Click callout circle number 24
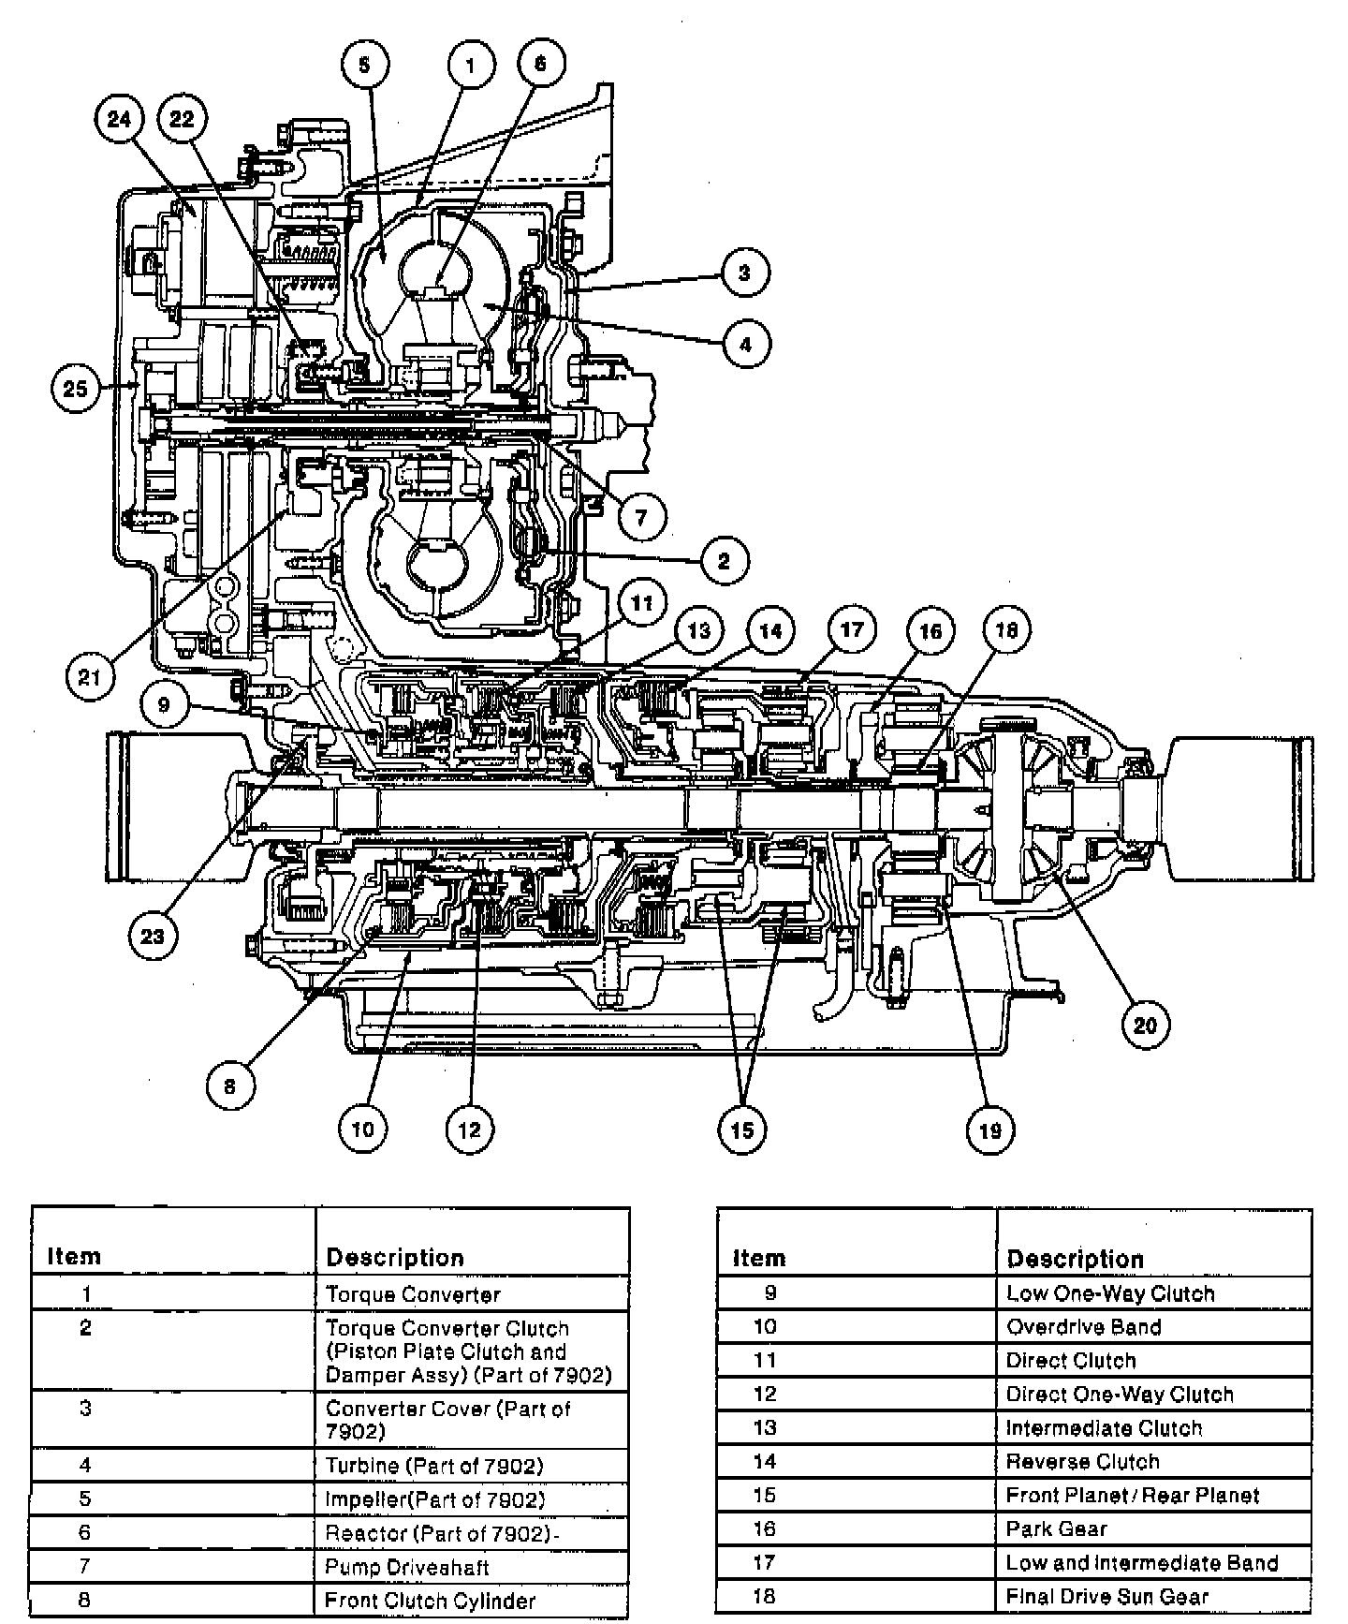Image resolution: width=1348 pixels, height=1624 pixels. (x=120, y=119)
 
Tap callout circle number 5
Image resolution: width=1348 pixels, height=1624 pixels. (x=365, y=65)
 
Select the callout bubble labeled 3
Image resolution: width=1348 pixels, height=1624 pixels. (x=744, y=273)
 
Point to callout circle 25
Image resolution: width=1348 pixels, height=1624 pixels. (x=76, y=387)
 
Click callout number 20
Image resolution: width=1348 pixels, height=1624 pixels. (x=1146, y=1025)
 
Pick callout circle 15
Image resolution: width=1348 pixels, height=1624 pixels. (x=741, y=1129)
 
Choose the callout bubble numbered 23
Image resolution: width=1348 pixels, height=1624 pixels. (x=153, y=935)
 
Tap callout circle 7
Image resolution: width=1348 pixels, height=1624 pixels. (x=641, y=516)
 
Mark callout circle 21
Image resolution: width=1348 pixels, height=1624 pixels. (x=90, y=676)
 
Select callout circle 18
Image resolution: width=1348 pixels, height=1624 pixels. (x=1006, y=630)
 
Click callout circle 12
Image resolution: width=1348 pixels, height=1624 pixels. (x=469, y=1129)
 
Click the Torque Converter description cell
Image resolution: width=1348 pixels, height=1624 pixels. (x=413, y=1294)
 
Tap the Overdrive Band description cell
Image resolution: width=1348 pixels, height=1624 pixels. (x=1083, y=1327)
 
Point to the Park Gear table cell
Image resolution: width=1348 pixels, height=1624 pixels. (x=1056, y=1529)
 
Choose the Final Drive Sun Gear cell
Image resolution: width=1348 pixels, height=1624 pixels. (x=1107, y=1597)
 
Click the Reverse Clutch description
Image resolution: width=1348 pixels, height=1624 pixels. (x=1082, y=1462)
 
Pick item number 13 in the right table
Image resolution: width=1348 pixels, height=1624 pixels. (x=765, y=1428)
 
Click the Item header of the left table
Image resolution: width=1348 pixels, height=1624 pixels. (x=73, y=1256)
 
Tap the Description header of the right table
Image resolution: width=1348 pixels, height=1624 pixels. (x=1076, y=1259)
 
